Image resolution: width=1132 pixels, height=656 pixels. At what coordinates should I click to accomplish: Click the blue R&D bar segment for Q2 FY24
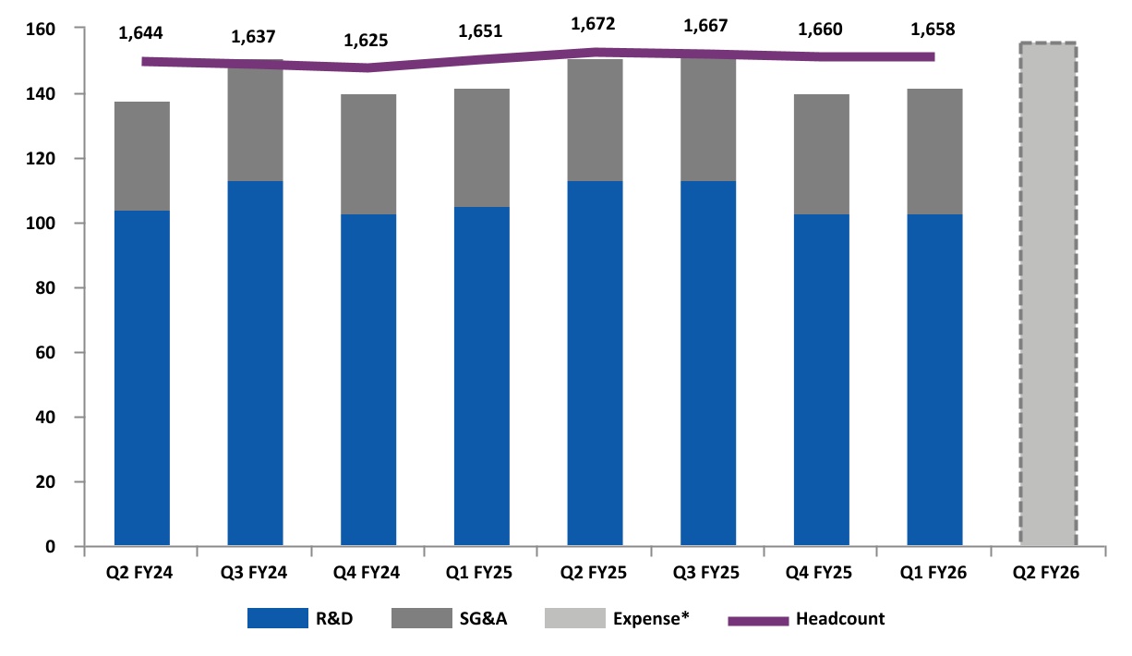point(141,379)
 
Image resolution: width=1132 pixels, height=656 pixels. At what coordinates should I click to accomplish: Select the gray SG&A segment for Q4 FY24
point(368,154)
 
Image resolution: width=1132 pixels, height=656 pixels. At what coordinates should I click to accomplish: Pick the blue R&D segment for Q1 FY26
point(934,379)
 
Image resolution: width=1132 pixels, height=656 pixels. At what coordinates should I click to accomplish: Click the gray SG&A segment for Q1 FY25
point(481,148)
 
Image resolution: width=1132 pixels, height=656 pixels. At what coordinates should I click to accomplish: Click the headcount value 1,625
point(367,41)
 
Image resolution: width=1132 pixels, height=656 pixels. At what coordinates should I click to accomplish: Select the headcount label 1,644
point(141,34)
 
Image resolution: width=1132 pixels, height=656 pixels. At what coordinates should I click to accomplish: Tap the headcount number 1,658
point(933,30)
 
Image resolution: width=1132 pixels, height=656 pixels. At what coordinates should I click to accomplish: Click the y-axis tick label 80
point(42,288)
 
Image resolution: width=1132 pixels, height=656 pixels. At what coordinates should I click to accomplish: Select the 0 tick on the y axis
point(50,547)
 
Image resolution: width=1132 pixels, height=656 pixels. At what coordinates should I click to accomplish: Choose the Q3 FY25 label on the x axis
point(707,574)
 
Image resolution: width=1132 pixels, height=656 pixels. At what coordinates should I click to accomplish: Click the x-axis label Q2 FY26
point(1047,574)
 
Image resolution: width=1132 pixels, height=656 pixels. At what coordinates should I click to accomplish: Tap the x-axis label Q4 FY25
point(821,574)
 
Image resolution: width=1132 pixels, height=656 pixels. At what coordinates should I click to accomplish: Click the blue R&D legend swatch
point(277,619)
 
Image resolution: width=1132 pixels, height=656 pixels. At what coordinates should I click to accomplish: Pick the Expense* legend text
point(652,619)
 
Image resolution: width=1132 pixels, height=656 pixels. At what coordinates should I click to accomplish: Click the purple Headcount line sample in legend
point(758,620)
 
